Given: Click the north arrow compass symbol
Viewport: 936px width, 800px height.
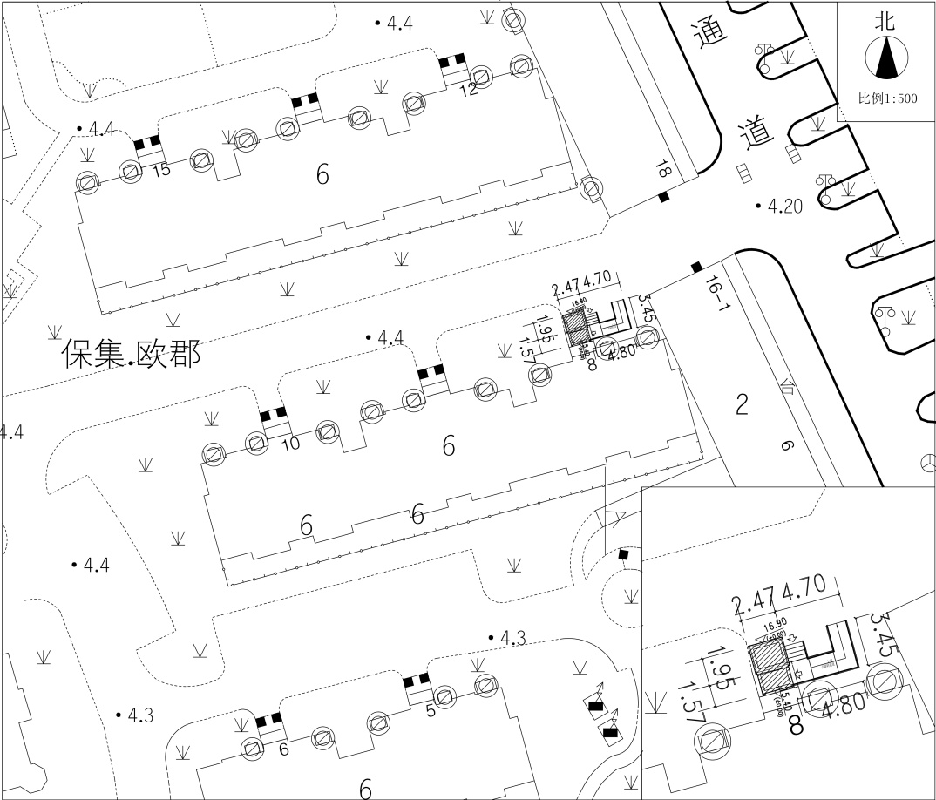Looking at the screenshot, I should pyautogui.click(x=886, y=59).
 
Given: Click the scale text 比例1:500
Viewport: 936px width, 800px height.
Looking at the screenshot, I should pyautogui.click(x=887, y=99).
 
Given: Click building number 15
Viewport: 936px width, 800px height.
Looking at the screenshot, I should pyautogui.click(x=161, y=170).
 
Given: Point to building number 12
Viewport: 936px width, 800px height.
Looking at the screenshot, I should pyautogui.click(x=469, y=88).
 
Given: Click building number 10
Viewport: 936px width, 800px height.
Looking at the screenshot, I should pyautogui.click(x=291, y=444).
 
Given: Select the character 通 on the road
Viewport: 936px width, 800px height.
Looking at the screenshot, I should pyautogui.click(x=709, y=35).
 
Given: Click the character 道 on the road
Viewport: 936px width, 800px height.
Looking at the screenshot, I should pyautogui.click(x=756, y=133).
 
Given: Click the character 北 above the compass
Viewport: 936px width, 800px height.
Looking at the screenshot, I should pyautogui.click(x=886, y=22).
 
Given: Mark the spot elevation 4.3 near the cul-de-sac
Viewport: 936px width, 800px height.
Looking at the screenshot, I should pyautogui.click(x=512, y=639).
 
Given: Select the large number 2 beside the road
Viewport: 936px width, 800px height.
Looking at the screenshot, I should pyautogui.click(x=742, y=403).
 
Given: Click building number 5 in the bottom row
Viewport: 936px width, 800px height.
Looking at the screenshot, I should pyautogui.click(x=430, y=710).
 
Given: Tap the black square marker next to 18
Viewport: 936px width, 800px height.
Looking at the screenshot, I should pyautogui.click(x=663, y=198).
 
